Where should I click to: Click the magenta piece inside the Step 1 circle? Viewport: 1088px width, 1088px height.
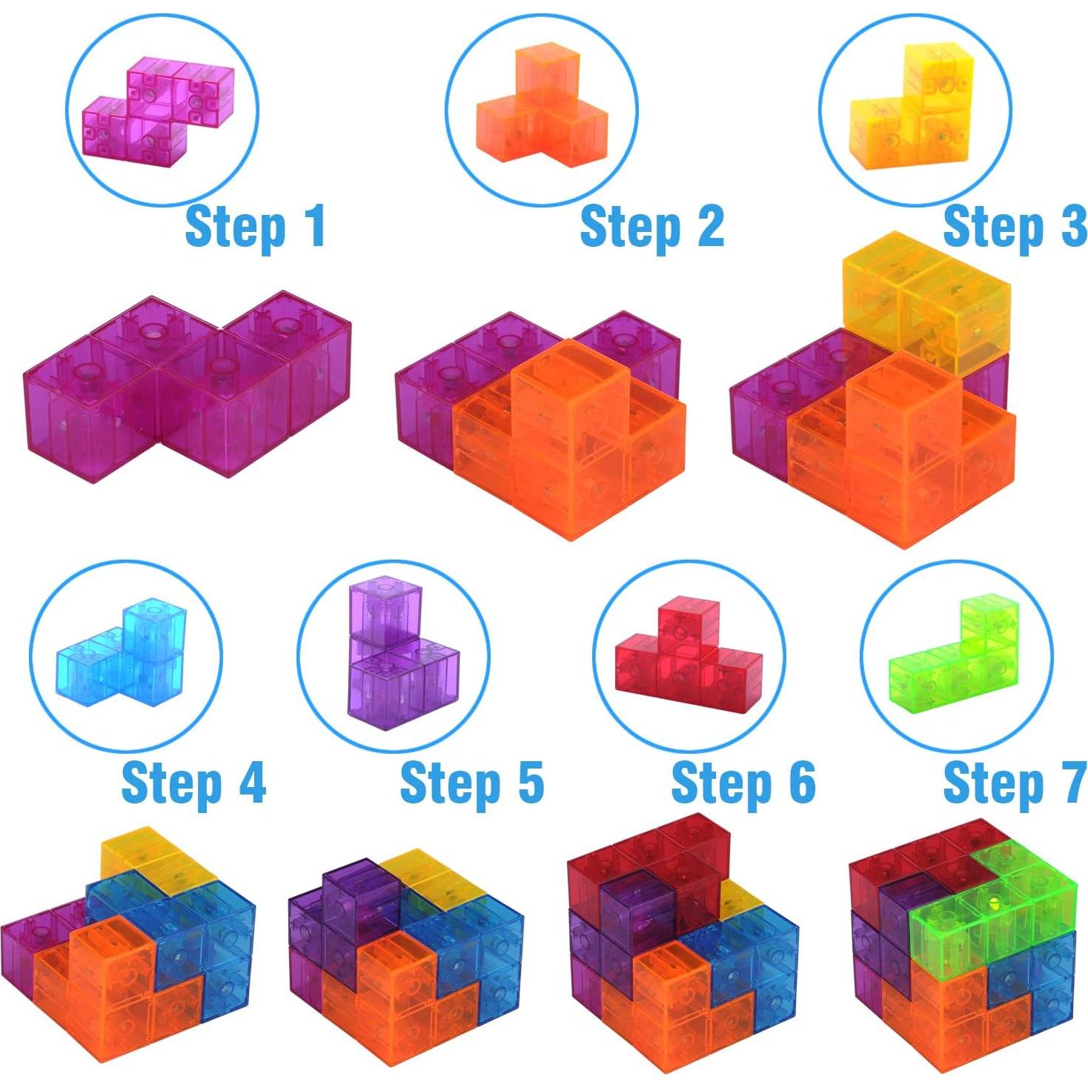tap(159, 111)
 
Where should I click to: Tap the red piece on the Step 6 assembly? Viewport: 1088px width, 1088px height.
tap(645, 852)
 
